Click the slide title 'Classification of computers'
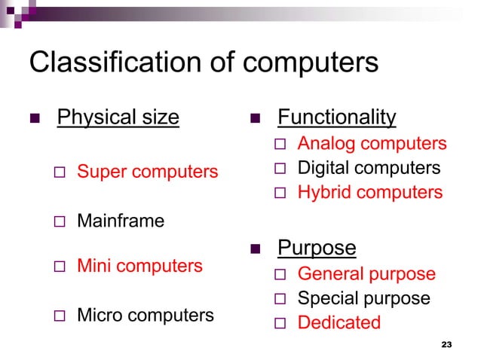[x=203, y=63]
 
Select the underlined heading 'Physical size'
[x=118, y=118]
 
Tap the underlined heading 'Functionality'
[x=337, y=117]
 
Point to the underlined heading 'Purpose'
[x=317, y=248]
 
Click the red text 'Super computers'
[x=147, y=172]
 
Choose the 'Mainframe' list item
[x=121, y=221]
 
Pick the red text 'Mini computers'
[x=139, y=266]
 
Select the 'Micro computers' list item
[x=146, y=315]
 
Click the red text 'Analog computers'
[x=372, y=144]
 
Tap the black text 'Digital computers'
[x=369, y=168]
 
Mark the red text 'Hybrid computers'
[x=370, y=193]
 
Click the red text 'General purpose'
[x=366, y=274]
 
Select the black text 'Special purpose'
[x=364, y=298]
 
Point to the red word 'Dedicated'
[x=339, y=323]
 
